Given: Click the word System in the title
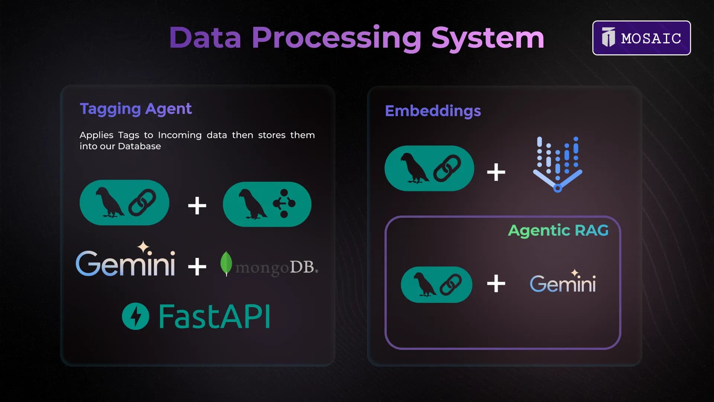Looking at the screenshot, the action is click(488, 38).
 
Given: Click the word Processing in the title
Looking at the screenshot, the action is click(337, 38).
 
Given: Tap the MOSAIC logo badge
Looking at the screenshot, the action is click(641, 38).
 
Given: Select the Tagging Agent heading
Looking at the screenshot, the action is click(136, 109).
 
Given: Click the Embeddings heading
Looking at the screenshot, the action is click(433, 111).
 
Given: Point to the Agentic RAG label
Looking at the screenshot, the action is click(558, 231).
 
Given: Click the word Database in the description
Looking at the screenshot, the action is click(139, 146).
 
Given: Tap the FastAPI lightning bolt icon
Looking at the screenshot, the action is click(135, 316).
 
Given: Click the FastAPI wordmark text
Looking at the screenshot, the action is click(215, 316).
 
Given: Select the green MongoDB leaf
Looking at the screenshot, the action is click(226, 264).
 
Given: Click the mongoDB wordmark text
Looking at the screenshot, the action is click(277, 268).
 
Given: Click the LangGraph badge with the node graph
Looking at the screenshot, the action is click(267, 204).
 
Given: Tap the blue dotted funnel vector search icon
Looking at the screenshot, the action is click(557, 164).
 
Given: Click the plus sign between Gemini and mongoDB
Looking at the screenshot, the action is click(197, 267).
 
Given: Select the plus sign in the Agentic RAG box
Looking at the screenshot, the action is click(496, 284).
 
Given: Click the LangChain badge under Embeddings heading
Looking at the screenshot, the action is click(429, 168).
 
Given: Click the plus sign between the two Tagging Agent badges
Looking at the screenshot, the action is click(197, 205).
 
